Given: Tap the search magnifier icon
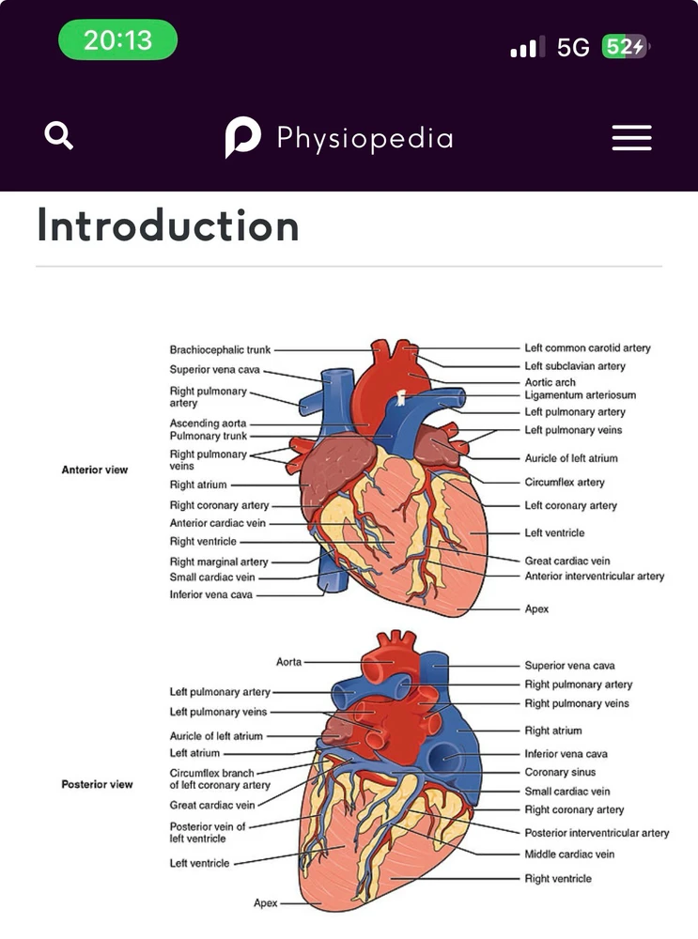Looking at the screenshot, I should pyautogui.click(x=59, y=137).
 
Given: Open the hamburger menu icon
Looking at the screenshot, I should pyautogui.click(x=631, y=138).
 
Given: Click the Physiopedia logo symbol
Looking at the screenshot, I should pyautogui.click(x=242, y=138).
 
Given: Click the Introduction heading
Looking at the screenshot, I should pyautogui.click(x=168, y=226).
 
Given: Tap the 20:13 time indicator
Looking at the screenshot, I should pyautogui.click(x=117, y=39).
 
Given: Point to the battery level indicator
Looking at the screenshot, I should pyautogui.click(x=624, y=47).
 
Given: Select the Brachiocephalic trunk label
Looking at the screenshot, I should pyautogui.click(x=220, y=350).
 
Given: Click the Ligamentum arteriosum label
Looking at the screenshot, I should pyautogui.click(x=580, y=395).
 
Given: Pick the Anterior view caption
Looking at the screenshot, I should pyautogui.click(x=94, y=469).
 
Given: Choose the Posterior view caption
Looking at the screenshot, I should pyautogui.click(x=97, y=784).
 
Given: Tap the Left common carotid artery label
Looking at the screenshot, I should pyautogui.click(x=587, y=348).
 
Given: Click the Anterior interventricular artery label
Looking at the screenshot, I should pyautogui.click(x=594, y=576).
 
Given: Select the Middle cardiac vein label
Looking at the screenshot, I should pyautogui.click(x=569, y=854).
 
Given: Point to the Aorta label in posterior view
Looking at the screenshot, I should pyautogui.click(x=288, y=662).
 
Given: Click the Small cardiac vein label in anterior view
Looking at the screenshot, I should pyautogui.click(x=211, y=577).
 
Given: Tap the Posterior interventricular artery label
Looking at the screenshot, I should pyautogui.click(x=597, y=833).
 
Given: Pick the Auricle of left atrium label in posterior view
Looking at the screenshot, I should pyautogui.click(x=216, y=736).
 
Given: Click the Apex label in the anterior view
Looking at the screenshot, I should pyautogui.click(x=536, y=608).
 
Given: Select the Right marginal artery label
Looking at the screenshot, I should pyautogui.click(x=218, y=562).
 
